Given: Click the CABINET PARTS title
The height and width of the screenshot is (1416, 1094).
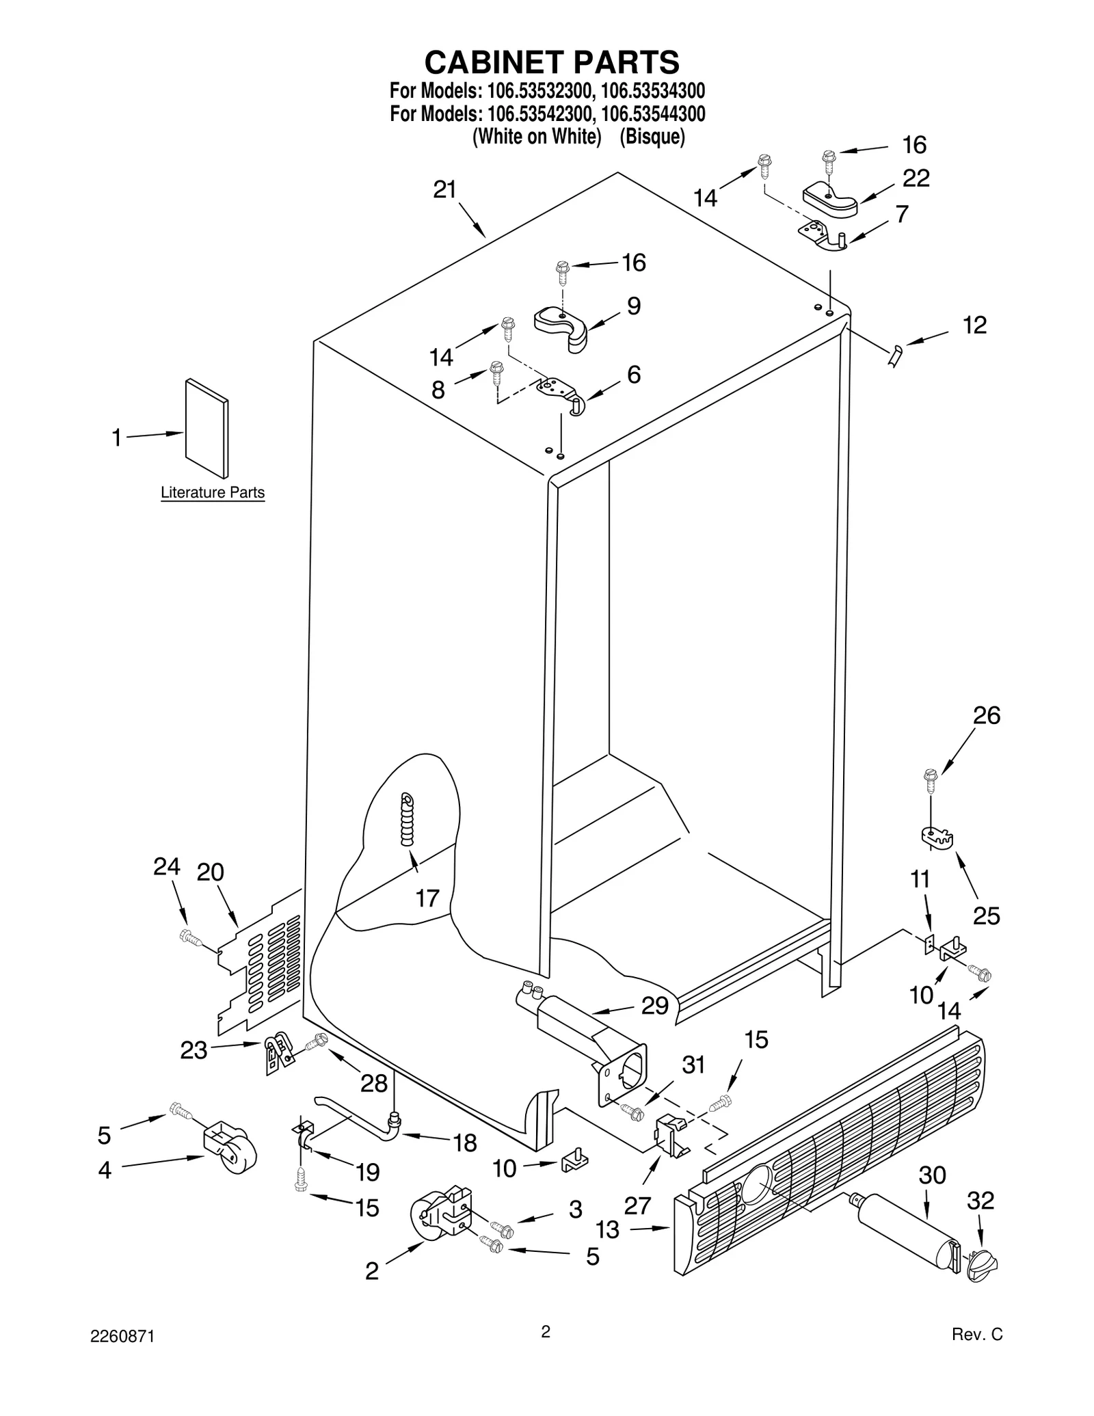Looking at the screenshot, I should (552, 62).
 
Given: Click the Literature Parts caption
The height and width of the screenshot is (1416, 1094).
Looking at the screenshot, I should (212, 492).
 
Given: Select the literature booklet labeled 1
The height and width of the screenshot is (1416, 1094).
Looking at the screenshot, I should (206, 428).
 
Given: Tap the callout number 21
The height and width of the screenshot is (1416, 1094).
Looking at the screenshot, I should (445, 189).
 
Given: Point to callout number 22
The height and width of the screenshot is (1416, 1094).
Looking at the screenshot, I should (916, 178).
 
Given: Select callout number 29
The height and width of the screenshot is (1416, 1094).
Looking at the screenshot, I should (654, 1005).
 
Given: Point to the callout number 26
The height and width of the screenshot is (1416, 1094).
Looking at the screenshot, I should (987, 715).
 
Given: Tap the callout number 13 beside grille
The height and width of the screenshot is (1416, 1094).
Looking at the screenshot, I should (607, 1229).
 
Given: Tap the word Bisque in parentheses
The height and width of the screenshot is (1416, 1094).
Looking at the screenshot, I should (652, 137).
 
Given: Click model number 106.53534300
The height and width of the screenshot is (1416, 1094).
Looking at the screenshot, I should (653, 91).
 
